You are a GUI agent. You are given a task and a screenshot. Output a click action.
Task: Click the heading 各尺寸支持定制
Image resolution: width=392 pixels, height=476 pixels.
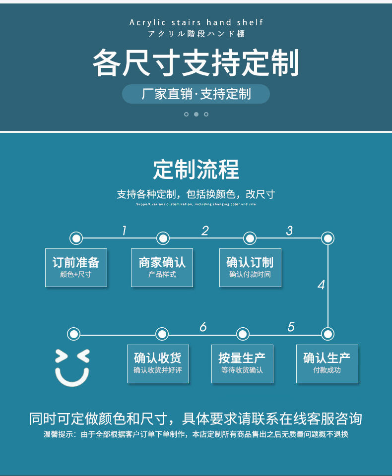[x=196, y=63]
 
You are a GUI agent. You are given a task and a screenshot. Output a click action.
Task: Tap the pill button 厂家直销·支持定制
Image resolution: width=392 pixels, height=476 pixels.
[x=196, y=94]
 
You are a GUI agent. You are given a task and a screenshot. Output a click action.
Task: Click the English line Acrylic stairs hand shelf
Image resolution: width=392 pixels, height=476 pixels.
[x=196, y=22]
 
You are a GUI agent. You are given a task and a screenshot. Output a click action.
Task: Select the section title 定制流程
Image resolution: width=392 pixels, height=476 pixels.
[x=196, y=169]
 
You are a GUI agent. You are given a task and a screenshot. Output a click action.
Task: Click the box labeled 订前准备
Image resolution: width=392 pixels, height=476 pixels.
[x=76, y=267]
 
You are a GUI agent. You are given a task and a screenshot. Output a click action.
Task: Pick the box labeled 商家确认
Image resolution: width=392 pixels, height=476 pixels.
[x=162, y=267]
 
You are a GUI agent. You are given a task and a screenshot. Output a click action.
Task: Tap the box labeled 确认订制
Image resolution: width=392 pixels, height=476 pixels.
[x=250, y=267]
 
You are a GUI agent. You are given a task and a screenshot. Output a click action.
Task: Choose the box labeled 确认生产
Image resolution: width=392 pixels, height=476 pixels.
[x=327, y=363]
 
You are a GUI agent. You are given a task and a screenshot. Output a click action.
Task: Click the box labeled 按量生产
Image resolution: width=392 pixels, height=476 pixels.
[x=242, y=363]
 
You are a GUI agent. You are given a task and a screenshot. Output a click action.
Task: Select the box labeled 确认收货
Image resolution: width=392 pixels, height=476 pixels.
[x=158, y=363]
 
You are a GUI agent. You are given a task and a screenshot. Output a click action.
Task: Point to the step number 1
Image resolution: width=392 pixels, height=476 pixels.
[x=124, y=231]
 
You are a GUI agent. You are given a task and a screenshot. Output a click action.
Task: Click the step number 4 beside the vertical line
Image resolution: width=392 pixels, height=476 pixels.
[x=321, y=285]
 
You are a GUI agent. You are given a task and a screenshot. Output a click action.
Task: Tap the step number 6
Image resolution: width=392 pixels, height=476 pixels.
[x=203, y=327]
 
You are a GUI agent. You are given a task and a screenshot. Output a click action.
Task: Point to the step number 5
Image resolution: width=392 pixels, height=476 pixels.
[x=291, y=327]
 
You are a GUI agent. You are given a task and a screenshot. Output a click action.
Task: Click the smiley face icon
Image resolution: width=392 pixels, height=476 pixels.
[x=72, y=367]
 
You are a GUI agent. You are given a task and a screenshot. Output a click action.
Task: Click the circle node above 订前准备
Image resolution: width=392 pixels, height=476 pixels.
[x=76, y=238]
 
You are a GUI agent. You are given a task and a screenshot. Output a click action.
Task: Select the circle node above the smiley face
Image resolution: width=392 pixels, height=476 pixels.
[x=73, y=334]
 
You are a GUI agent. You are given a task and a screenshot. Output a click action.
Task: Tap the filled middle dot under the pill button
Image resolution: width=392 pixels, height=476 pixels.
[x=196, y=114]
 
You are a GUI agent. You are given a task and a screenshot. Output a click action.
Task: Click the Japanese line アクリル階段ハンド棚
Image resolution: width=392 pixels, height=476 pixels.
[x=196, y=34]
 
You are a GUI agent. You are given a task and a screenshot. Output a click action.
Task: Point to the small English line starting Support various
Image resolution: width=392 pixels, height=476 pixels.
[x=196, y=204]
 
